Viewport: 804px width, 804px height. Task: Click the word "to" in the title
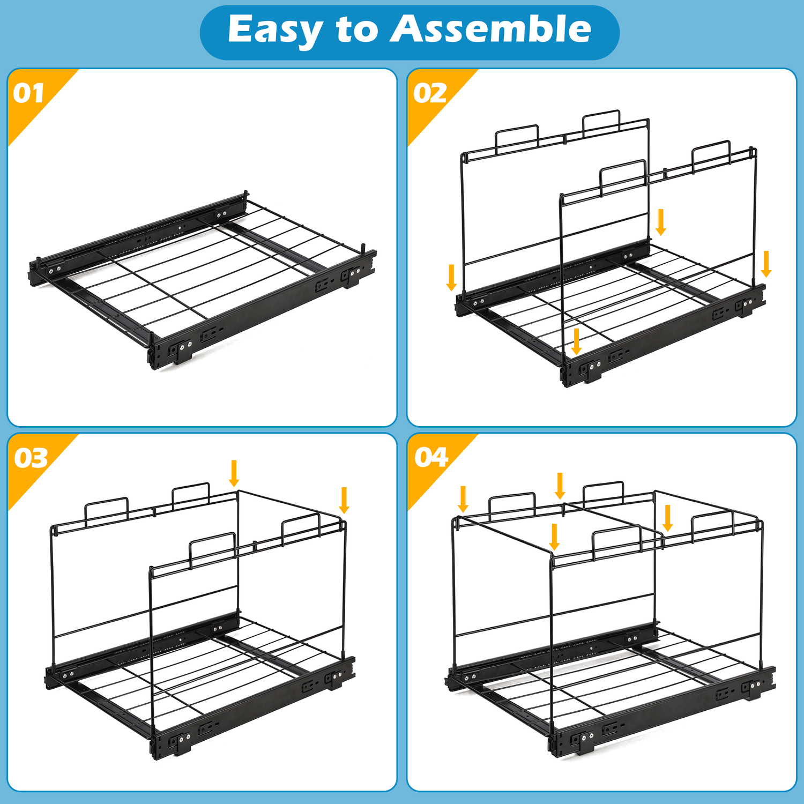pos(357,30)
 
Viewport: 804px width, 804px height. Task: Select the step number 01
pos(28,93)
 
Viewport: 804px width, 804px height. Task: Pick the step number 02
pos(430,93)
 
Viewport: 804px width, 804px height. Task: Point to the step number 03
pos(31,458)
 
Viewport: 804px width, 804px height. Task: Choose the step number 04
pos(431,457)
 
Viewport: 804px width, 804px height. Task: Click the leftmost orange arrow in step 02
pos(452,277)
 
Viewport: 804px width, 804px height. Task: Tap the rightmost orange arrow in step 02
pos(766,264)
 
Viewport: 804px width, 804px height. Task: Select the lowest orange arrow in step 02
pos(576,341)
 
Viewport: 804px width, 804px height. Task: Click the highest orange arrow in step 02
pos(661,222)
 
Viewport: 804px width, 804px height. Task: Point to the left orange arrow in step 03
pos(234,473)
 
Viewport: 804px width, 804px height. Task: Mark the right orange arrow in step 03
pos(344,500)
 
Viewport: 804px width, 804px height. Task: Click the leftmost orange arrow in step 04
pos(463,499)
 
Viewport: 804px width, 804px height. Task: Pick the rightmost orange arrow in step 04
pos(667,518)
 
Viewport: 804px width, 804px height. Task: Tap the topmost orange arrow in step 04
pos(560,486)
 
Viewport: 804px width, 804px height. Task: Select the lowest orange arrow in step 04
pos(555,537)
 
